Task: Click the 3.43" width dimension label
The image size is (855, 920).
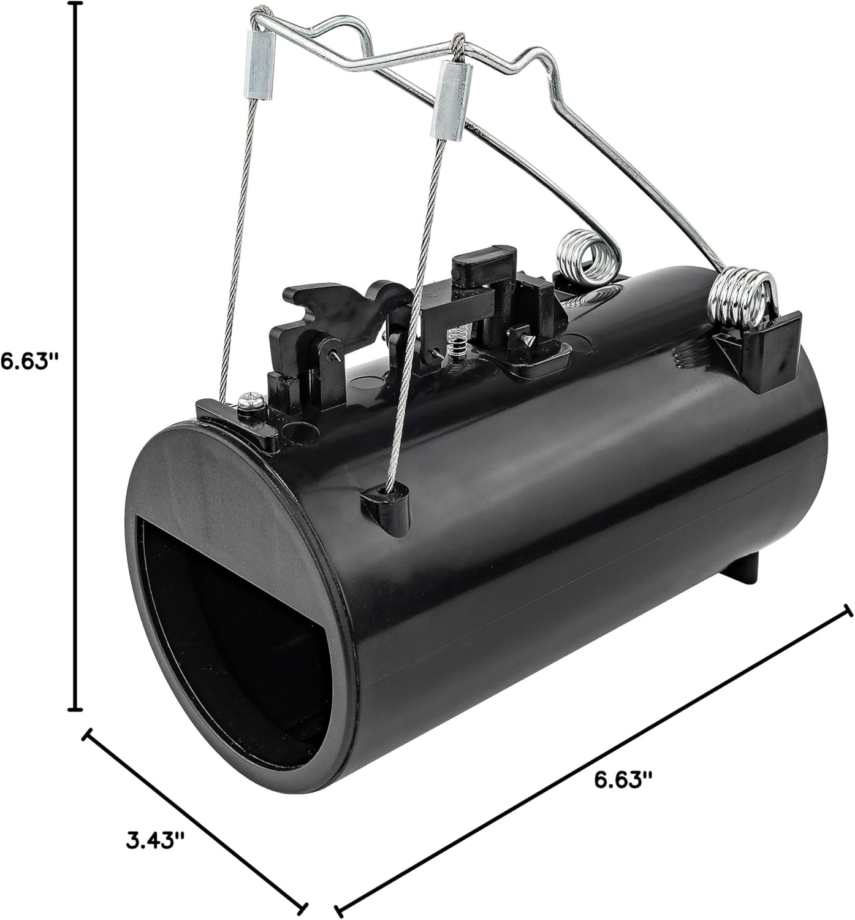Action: (155, 839)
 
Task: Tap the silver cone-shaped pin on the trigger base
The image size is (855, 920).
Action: (526, 339)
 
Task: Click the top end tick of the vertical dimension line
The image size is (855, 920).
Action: (75, 5)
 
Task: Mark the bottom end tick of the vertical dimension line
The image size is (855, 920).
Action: (75, 709)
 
